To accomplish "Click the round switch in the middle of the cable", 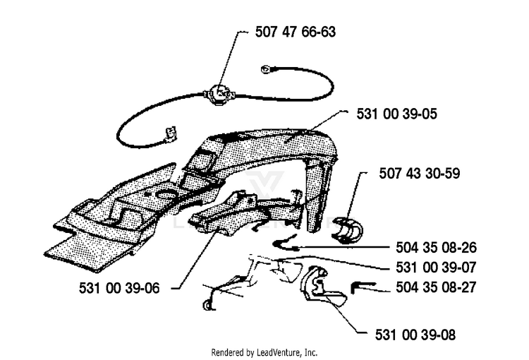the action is point(220,91).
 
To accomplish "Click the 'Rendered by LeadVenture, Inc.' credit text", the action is point(264,352).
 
